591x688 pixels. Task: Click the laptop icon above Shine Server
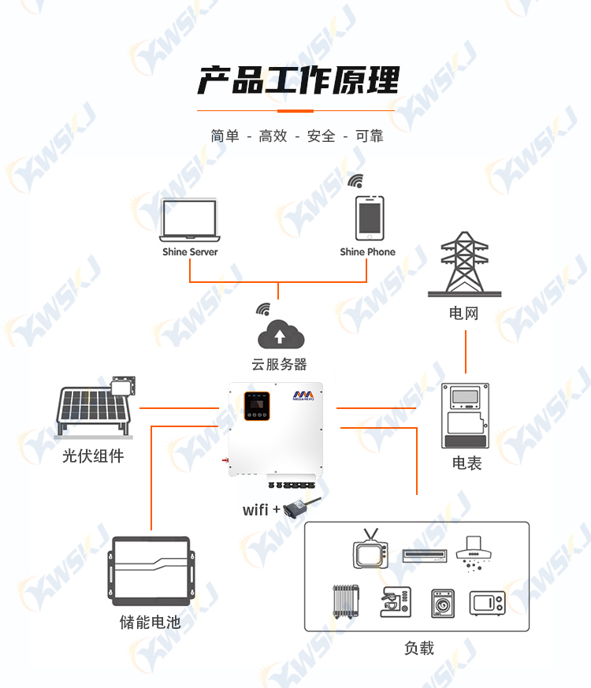[190, 220]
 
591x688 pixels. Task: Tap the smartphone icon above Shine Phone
[370, 218]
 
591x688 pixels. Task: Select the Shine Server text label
[190, 252]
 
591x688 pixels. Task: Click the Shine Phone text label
[368, 252]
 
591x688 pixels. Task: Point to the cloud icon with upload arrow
[281, 334]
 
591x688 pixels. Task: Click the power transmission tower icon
[465, 264]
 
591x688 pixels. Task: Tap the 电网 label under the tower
[464, 314]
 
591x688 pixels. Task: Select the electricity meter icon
[465, 415]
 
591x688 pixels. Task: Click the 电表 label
[466, 463]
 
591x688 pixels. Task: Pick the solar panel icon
[95, 407]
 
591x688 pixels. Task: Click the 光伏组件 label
[93, 456]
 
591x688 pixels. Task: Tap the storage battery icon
[151, 571]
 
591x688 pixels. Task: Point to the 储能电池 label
[150, 622]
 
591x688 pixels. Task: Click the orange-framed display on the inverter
[257, 406]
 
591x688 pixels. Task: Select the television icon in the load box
[370, 549]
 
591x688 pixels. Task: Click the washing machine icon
[443, 604]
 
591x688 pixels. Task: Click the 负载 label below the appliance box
[419, 648]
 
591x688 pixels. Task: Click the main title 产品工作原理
[299, 80]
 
